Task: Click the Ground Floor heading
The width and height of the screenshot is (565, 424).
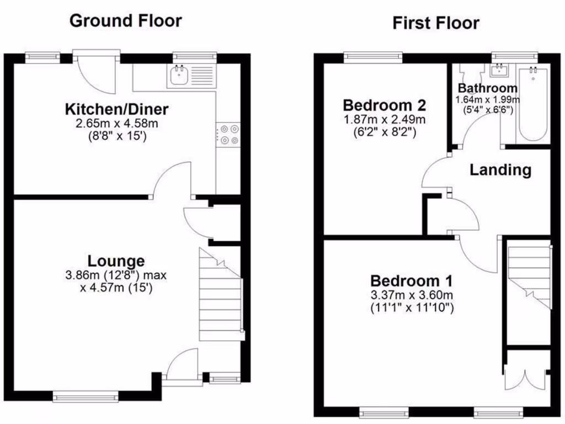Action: [125, 21]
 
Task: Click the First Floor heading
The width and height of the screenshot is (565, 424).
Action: [435, 23]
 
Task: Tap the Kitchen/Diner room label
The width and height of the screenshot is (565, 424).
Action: [116, 109]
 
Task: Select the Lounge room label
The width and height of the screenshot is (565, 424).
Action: [116, 261]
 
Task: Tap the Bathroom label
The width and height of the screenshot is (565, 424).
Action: [488, 88]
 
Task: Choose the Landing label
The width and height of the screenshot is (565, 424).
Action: [500, 170]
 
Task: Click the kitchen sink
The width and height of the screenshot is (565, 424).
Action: [179, 75]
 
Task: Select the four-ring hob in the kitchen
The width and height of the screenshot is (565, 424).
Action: [229, 134]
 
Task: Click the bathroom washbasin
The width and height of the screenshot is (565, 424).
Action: [500, 70]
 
